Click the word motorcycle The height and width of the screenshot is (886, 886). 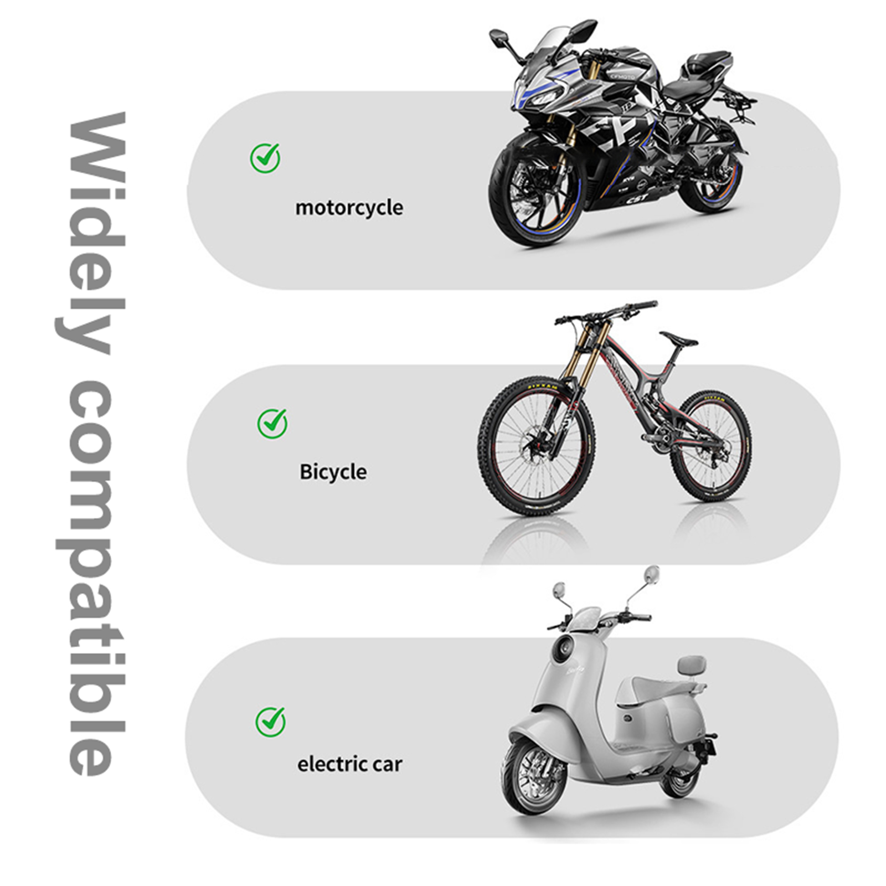pyautogui.click(x=349, y=208)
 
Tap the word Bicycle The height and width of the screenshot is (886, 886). pyautogui.click(x=333, y=472)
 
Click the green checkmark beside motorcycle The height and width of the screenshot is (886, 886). pyautogui.click(x=265, y=158)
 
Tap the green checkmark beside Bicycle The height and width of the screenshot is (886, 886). pyautogui.click(x=272, y=424)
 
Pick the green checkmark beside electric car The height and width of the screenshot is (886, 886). pyautogui.click(x=271, y=722)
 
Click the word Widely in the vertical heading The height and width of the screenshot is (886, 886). pyautogui.click(x=91, y=233)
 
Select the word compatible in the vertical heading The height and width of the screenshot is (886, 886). pyautogui.click(x=91, y=576)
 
